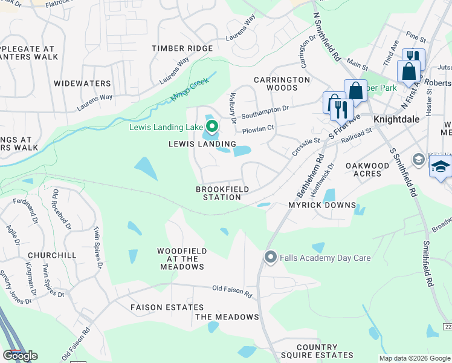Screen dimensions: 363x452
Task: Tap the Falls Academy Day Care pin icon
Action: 271,258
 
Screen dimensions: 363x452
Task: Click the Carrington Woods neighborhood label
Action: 282,83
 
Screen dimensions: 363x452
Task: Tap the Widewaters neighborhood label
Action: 82,83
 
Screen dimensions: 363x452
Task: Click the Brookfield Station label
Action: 222,193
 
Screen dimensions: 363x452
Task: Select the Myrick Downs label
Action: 321,205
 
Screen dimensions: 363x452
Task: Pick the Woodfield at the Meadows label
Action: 182,258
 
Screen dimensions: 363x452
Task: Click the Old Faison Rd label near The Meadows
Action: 231,292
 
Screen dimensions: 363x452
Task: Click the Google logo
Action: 20,356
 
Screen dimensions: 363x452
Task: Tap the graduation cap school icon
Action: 441,166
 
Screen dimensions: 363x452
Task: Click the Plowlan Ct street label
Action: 258,129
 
